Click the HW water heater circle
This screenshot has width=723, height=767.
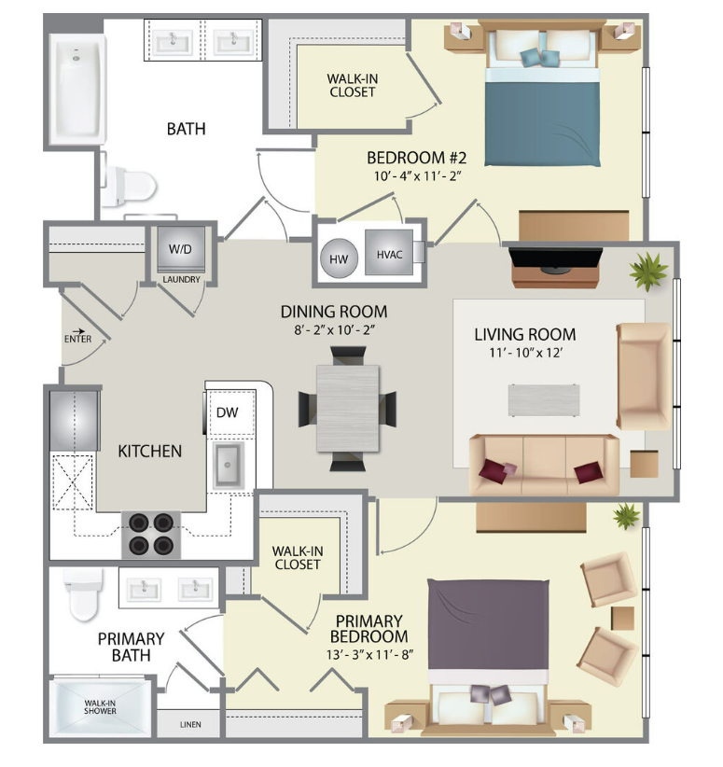click(x=339, y=258)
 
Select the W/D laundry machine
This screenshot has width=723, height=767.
click(x=180, y=249)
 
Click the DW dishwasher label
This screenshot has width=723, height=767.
click(x=227, y=411)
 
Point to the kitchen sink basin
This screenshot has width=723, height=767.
click(x=228, y=465)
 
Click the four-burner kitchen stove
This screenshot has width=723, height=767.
click(x=151, y=534)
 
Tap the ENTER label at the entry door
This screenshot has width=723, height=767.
click(x=77, y=339)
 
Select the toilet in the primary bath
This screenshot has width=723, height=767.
click(x=84, y=593)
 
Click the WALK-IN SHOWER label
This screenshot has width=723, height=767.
click(x=100, y=707)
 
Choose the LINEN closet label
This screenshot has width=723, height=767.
click(x=190, y=724)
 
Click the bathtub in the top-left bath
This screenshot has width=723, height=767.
click(x=77, y=89)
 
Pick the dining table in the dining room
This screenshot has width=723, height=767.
click(x=348, y=409)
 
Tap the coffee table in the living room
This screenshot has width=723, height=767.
click(x=544, y=400)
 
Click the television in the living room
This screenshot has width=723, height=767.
click(x=556, y=258)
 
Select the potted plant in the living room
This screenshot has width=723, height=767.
click(x=648, y=271)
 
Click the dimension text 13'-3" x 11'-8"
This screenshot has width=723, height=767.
click(x=370, y=654)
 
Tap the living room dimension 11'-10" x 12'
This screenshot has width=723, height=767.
click(x=526, y=352)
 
